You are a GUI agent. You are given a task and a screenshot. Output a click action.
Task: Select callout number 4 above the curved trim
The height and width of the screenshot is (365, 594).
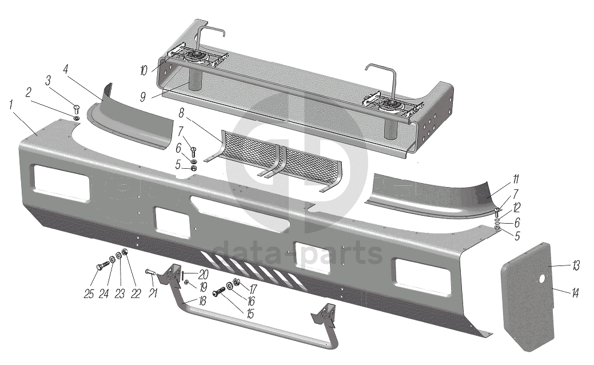point(66,69)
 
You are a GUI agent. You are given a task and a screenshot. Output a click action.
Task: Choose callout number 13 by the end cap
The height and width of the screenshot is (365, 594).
point(576,265)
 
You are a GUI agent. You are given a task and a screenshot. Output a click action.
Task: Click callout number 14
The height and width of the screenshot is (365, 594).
point(575,294)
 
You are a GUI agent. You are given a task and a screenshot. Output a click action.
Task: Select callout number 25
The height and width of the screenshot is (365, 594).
point(89,295)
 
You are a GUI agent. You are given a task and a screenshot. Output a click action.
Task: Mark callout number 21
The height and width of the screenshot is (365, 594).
point(153,294)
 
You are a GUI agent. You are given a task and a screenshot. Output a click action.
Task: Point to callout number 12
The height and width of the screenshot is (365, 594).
point(516,207)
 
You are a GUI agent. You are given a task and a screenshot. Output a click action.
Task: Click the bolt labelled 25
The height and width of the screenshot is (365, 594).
point(102,267)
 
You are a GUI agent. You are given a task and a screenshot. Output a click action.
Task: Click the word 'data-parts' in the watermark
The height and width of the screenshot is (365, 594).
point(297,252)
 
